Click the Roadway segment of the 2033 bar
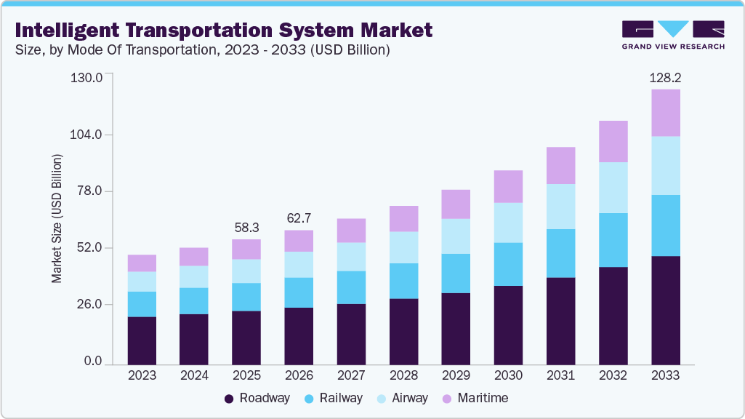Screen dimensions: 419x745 (665, 310)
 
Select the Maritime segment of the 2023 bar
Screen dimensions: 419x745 (142, 263)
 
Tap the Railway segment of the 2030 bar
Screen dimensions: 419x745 (508, 264)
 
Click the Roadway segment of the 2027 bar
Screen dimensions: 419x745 (351, 334)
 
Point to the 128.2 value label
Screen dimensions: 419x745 (665, 77)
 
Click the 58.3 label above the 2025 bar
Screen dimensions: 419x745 (246, 227)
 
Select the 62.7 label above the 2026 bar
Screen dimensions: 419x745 (299, 218)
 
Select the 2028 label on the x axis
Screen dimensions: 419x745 (403, 375)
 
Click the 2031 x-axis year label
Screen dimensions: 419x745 (560, 375)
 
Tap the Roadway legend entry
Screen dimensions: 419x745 (257, 398)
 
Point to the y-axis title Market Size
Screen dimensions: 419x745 (57, 218)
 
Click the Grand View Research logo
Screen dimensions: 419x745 (673, 34)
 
